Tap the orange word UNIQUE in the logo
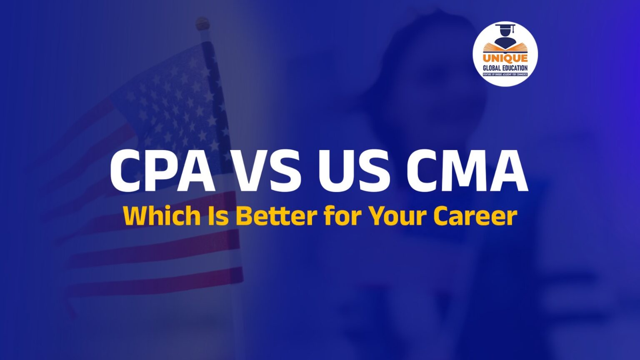[x=505, y=58]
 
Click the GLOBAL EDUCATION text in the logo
[x=505, y=68]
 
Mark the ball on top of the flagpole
[x=203, y=23]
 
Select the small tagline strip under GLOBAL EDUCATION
[x=505, y=74]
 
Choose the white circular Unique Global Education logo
[x=505, y=53]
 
